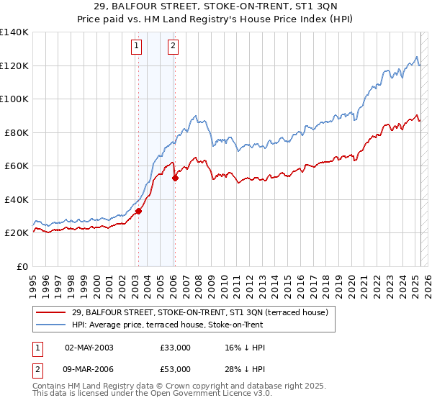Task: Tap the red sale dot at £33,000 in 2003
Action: click(x=138, y=211)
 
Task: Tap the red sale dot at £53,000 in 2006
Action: click(x=175, y=178)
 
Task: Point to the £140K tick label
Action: click(x=14, y=32)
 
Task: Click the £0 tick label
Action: click(x=22, y=266)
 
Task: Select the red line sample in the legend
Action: click(x=51, y=312)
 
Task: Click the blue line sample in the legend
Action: click(x=51, y=325)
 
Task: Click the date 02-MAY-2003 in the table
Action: click(x=89, y=348)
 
